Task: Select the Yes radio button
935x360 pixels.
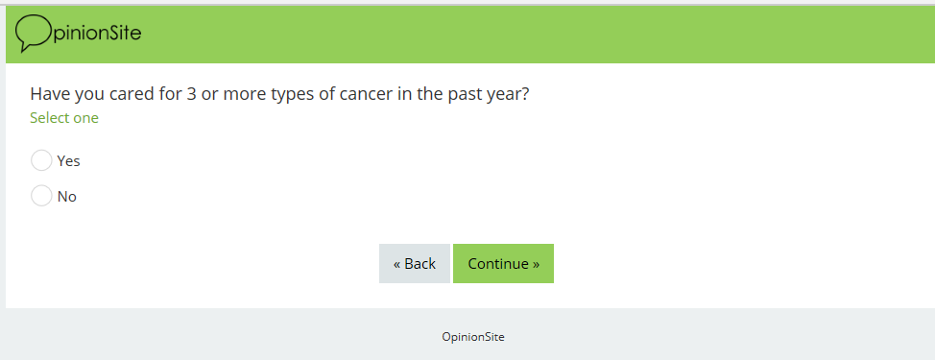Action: [41, 160]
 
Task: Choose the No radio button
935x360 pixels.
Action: [41, 196]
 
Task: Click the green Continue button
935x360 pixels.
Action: [503, 263]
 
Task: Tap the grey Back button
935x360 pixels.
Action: [415, 263]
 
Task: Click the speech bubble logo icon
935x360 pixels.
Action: [34, 34]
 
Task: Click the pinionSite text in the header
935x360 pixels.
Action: [97, 33]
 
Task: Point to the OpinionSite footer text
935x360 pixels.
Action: [473, 337]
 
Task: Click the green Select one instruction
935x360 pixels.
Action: [64, 118]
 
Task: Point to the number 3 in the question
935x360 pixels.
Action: [191, 94]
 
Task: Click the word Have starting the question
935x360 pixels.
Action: [50, 94]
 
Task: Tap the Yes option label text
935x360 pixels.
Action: [68, 161]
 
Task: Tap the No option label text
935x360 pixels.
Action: [67, 196]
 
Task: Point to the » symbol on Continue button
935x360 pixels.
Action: [536, 264]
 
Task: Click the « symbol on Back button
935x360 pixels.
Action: [397, 264]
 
